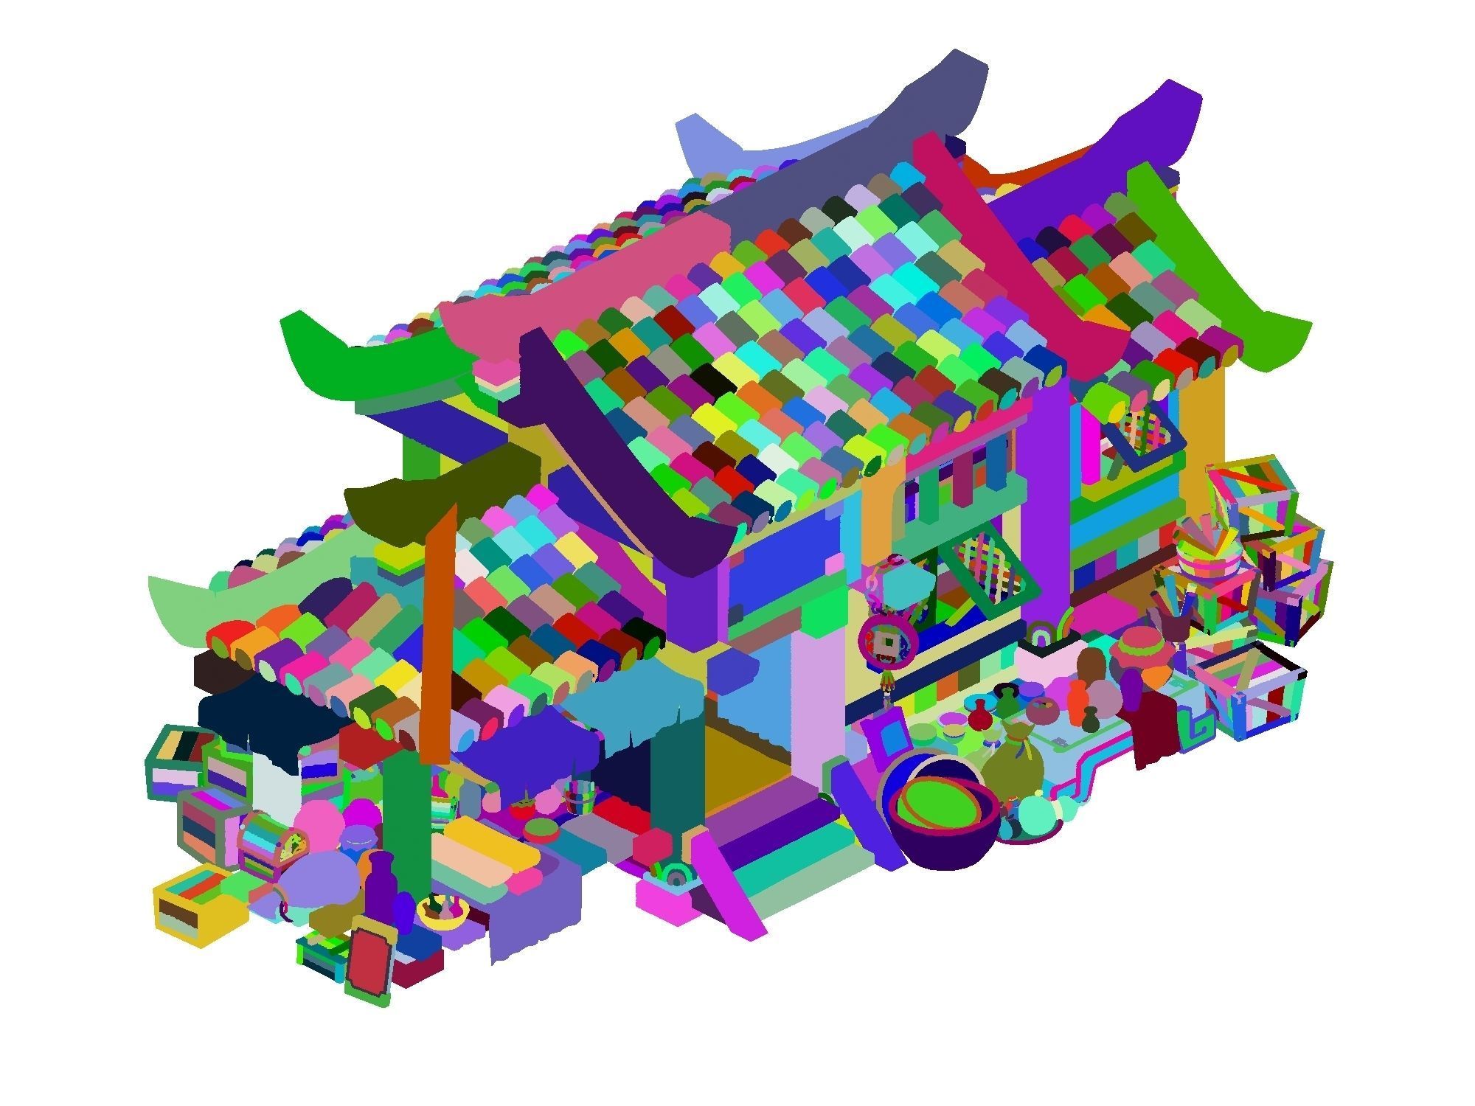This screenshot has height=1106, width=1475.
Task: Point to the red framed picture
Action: point(369,959)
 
